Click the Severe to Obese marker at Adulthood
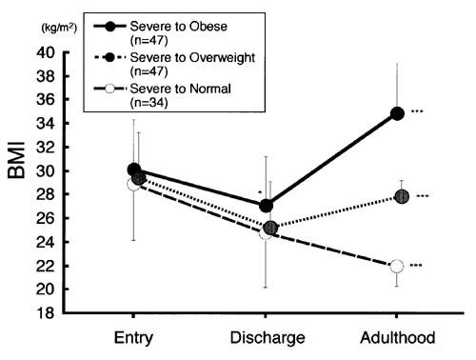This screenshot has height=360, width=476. coord(397,113)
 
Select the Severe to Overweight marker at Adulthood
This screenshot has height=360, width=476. coord(401,196)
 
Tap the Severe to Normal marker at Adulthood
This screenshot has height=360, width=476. coord(397,266)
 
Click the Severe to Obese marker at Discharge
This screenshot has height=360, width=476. coord(267,205)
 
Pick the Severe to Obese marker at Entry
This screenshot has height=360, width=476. coord(134,170)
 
